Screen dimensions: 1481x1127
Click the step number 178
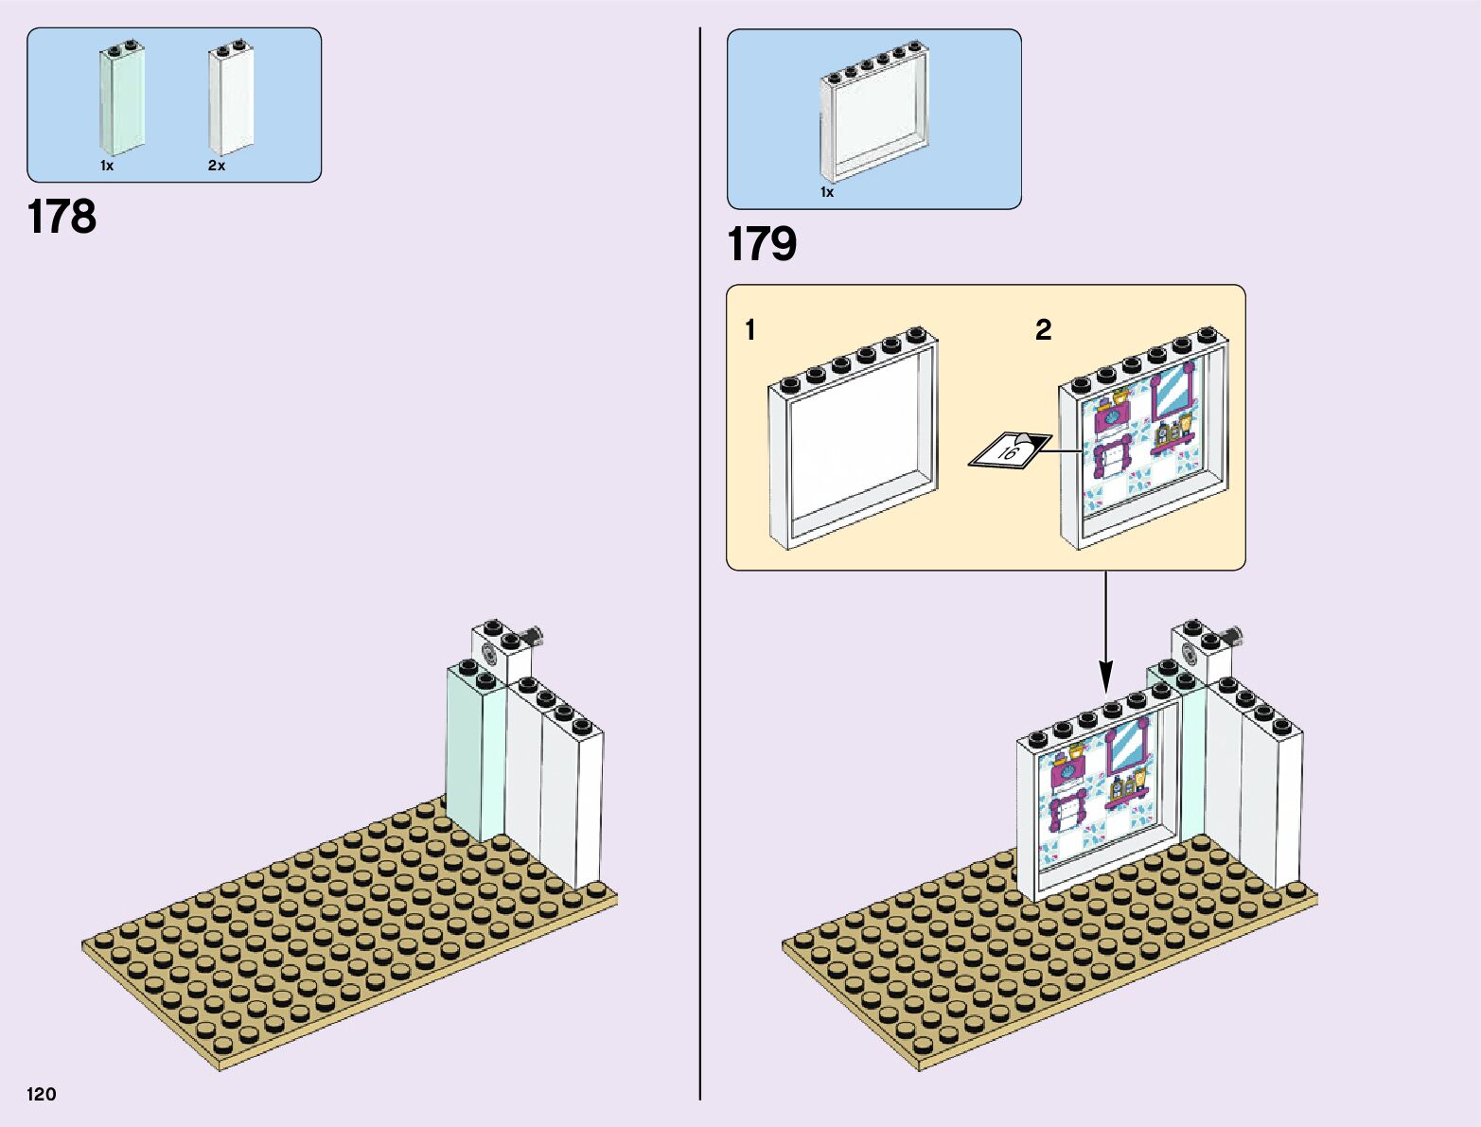click(x=62, y=217)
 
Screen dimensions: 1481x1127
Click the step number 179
click(x=762, y=244)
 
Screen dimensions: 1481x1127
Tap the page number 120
click(x=42, y=1094)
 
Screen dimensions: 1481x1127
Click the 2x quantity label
click(x=217, y=166)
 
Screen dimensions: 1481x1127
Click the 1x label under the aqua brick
click(x=107, y=166)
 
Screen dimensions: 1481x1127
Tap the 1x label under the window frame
click(x=827, y=192)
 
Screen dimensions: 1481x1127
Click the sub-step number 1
click(x=750, y=330)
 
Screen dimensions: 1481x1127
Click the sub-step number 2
click(x=1043, y=329)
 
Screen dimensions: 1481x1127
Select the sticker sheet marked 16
click(x=1010, y=450)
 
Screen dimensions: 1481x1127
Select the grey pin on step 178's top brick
click(x=536, y=636)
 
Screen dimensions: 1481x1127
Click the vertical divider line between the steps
click(x=700, y=568)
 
